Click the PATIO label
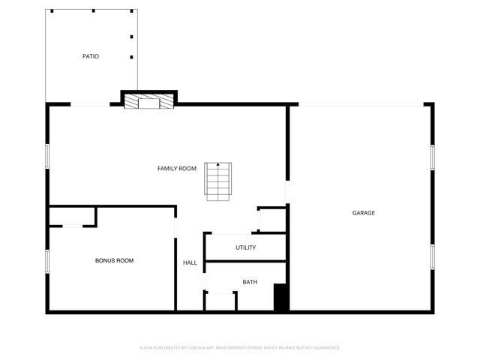point(91,56)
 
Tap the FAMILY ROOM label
point(177,168)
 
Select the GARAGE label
point(364,213)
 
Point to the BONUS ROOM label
point(114,260)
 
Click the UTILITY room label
point(246,247)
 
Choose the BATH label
point(250,282)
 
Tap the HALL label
point(190,262)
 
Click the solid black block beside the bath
point(281,298)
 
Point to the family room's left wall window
point(47,156)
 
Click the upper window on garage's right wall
point(433,157)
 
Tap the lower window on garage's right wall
point(433,256)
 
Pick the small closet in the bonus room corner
point(72,216)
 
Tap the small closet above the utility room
point(272,220)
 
